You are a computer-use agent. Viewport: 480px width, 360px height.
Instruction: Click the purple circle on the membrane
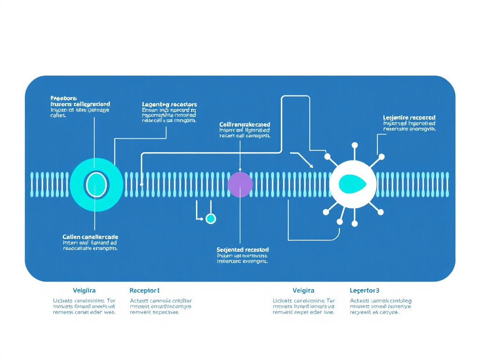(x=240, y=184)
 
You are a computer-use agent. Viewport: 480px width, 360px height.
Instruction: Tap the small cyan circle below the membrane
(x=211, y=218)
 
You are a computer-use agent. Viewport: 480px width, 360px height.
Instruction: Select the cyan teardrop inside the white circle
(x=352, y=183)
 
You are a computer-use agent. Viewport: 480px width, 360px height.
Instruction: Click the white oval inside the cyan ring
(x=96, y=184)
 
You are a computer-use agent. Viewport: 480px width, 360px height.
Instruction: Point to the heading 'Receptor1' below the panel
(x=144, y=291)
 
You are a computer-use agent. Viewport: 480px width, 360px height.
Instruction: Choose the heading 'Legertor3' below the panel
(x=364, y=291)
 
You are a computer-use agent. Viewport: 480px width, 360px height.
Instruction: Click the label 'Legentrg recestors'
(x=169, y=104)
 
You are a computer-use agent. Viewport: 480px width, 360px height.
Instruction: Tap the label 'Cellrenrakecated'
(x=245, y=124)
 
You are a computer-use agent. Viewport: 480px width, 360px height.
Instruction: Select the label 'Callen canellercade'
(x=90, y=237)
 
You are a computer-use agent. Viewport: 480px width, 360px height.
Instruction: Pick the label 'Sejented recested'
(x=243, y=249)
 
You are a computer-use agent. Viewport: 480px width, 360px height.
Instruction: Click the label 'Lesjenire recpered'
(x=409, y=117)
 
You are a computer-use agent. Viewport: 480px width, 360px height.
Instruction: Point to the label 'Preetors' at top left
(x=63, y=98)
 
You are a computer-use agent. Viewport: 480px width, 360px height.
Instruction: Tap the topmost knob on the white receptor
(x=354, y=145)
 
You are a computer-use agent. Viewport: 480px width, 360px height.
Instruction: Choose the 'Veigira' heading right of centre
(x=303, y=291)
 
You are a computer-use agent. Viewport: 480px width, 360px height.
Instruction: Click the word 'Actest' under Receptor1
(x=139, y=301)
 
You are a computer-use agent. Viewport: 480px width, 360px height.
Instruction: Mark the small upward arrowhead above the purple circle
(x=240, y=169)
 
